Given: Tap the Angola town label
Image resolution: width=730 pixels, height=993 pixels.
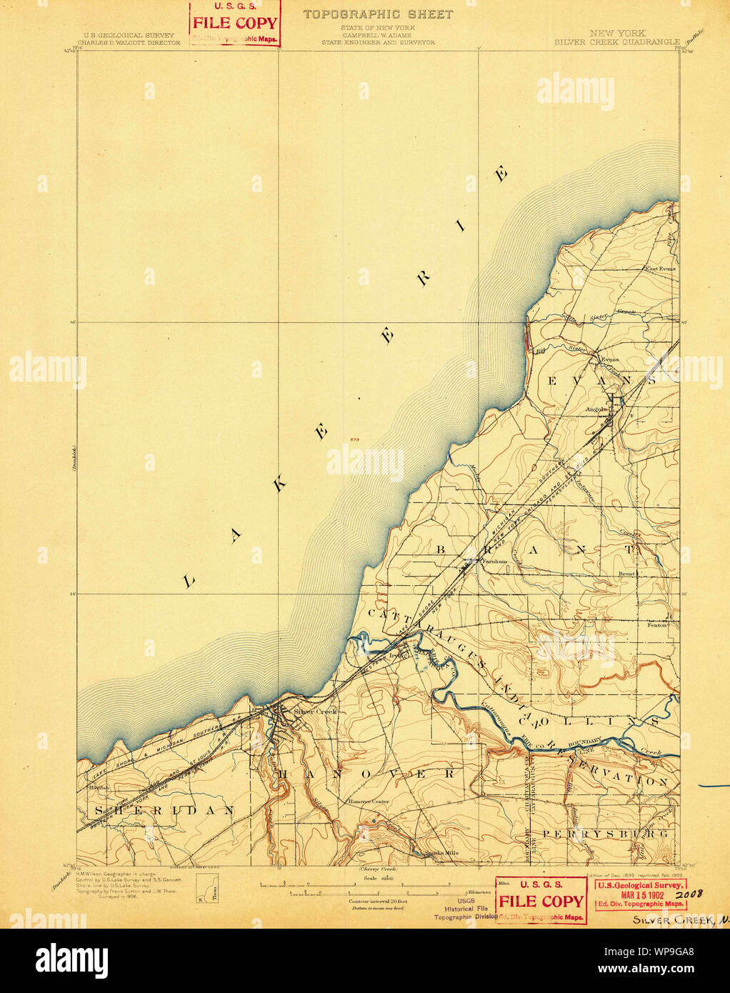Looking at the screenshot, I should [596, 409].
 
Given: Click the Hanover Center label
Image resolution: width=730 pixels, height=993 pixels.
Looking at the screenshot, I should [369, 802].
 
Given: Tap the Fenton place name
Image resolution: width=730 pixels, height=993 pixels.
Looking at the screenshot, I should [656, 624].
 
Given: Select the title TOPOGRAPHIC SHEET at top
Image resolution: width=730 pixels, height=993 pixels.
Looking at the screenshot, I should [378, 14].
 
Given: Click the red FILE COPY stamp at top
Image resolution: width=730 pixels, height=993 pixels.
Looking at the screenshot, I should [234, 23].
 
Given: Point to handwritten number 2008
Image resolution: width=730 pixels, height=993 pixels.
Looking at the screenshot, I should [689, 894].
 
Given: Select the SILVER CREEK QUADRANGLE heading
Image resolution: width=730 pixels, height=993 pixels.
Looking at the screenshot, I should [617, 42].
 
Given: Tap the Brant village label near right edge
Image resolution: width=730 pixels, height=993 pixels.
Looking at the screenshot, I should [626, 574].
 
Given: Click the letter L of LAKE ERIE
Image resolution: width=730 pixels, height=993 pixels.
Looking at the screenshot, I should [189, 582].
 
